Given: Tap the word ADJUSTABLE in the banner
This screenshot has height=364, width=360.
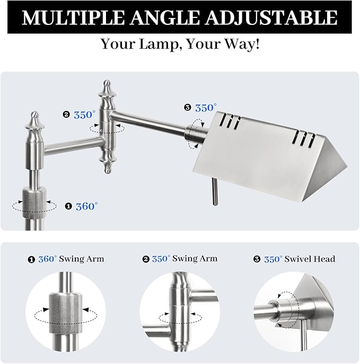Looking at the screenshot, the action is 271,18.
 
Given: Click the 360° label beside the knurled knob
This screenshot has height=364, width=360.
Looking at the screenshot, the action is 87,206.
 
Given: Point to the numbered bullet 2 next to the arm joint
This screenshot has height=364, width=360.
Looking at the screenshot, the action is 66,115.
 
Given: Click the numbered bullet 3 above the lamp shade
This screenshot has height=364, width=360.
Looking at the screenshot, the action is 188,108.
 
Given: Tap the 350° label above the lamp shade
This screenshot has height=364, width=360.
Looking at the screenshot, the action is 206,108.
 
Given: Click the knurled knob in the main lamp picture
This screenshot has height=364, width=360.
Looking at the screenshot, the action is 34,203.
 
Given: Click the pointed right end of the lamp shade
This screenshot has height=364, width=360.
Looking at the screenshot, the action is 347,167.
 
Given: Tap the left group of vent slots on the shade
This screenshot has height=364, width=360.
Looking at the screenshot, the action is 230,121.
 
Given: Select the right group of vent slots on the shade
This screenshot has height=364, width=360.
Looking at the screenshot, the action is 304,138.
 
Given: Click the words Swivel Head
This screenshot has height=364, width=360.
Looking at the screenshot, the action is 310,259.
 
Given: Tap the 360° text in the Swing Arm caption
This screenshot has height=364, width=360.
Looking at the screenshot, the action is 48,259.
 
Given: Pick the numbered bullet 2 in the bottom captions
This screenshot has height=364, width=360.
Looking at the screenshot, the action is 146,259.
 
